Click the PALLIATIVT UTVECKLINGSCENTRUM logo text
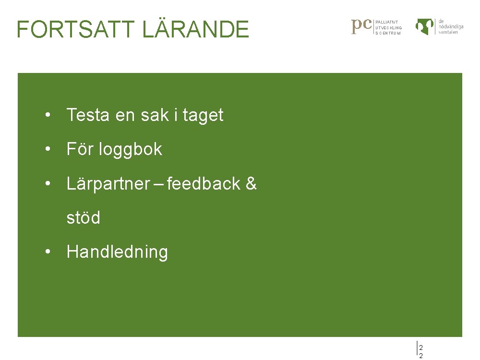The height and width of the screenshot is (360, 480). coord(388,27)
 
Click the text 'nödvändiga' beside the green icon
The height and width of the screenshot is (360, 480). coord(451,27)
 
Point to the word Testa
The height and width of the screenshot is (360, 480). coord(88,115)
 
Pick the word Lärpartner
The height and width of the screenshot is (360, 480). coord(108,184)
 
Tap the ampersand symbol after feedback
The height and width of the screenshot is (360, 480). coord(251,183)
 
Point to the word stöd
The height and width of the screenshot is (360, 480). coord(83,218)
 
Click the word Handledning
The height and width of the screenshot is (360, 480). coord(117,252)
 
